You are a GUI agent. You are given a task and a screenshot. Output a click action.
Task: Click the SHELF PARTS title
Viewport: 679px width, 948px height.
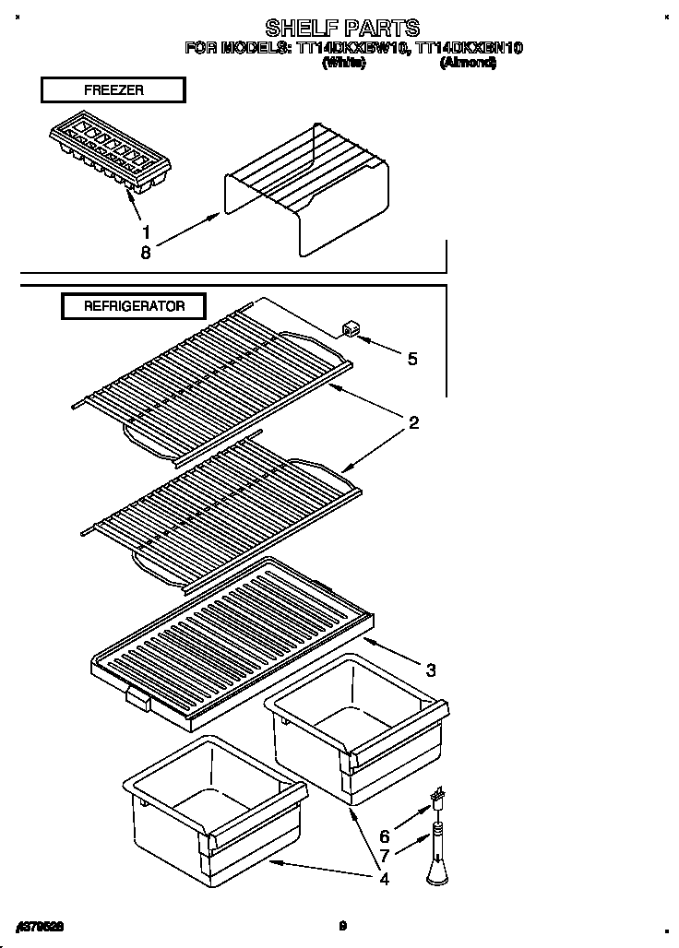click(342, 28)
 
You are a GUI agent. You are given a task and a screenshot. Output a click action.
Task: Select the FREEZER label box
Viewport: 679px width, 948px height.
click(113, 90)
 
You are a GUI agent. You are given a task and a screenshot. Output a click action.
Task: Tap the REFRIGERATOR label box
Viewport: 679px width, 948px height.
click(134, 306)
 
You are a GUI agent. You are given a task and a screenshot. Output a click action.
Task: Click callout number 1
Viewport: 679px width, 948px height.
click(145, 233)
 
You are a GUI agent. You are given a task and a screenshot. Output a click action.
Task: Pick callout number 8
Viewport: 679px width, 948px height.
click(145, 252)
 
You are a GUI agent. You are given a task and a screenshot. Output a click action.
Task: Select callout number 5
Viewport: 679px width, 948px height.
click(411, 359)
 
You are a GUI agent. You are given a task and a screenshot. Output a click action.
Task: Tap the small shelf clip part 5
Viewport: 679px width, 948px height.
click(351, 330)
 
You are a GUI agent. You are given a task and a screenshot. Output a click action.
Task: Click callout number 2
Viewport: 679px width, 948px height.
click(414, 423)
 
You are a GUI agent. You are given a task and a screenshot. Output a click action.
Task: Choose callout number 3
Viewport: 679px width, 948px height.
click(431, 670)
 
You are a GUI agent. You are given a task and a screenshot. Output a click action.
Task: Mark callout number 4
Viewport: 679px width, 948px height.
click(384, 879)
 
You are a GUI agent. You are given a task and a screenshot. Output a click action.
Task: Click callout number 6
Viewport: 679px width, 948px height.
click(385, 836)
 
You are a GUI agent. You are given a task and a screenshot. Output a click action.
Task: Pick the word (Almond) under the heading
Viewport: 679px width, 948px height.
click(469, 63)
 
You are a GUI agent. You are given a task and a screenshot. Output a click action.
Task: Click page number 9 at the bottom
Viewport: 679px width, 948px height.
click(341, 925)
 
